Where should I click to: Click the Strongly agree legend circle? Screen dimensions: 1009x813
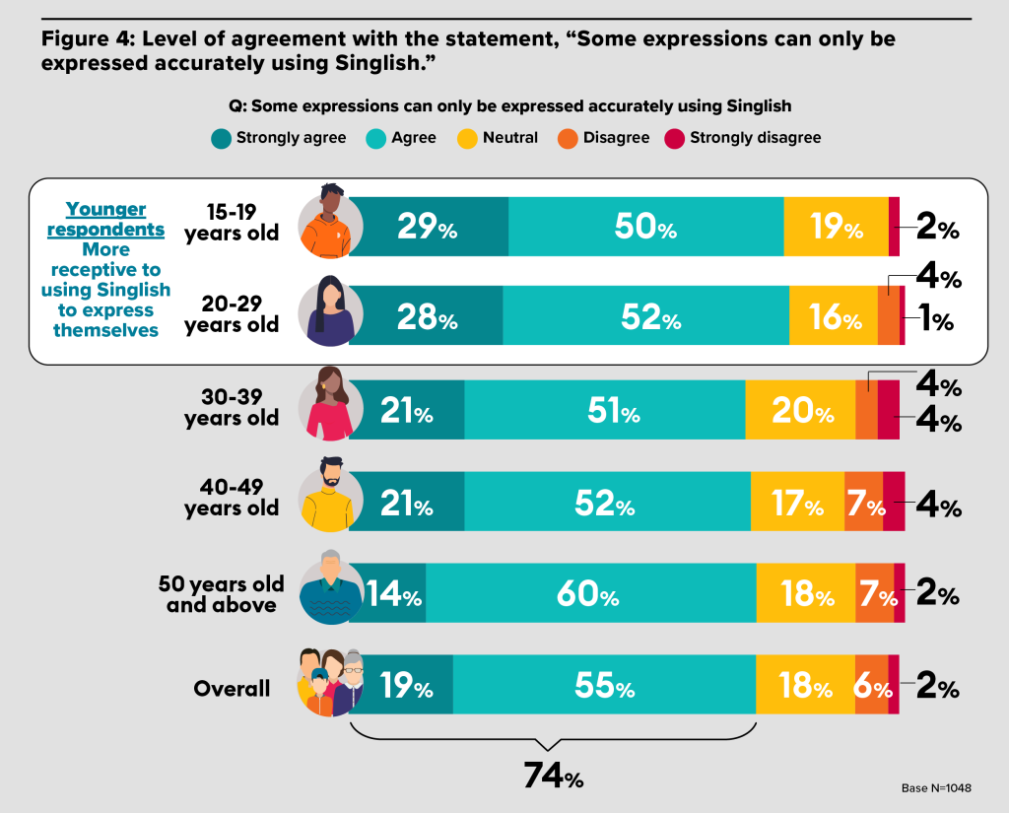tap(222, 138)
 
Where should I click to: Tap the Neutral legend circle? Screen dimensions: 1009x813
tap(467, 138)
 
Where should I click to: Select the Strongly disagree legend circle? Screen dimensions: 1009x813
tap(674, 138)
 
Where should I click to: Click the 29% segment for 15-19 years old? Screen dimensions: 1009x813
tap(429, 227)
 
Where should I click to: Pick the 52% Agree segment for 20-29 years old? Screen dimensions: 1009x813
tap(646, 315)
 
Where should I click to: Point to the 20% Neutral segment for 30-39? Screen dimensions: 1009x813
tap(800, 410)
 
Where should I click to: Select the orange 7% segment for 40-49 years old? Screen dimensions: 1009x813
tap(863, 502)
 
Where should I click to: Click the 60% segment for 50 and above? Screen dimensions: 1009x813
tap(591, 593)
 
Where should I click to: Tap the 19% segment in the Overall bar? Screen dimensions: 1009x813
tap(401, 684)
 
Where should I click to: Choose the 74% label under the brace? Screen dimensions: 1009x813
tap(554, 776)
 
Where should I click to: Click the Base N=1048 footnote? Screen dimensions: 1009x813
tap(936, 788)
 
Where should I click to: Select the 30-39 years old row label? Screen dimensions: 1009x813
tap(232, 407)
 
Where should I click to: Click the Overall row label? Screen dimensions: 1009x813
tap(232, 688)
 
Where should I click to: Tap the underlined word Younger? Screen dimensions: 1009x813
tap(106, 209)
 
